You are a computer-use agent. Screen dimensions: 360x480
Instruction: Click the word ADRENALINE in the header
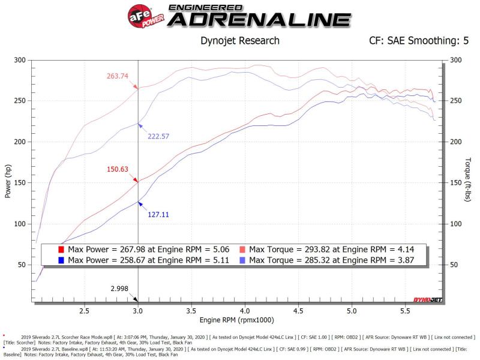pos(258,20)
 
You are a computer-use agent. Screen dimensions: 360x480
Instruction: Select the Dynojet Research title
pos(239,41)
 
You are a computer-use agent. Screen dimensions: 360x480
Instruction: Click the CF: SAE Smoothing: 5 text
pos(418,41)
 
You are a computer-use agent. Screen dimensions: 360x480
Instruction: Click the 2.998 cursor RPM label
pos(119,288)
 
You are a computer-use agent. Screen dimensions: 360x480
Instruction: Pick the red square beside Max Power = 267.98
pos(61,248)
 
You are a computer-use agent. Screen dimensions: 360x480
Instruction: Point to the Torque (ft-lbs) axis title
pos(467,180)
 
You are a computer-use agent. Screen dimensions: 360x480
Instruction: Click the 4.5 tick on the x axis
pos(298,311)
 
